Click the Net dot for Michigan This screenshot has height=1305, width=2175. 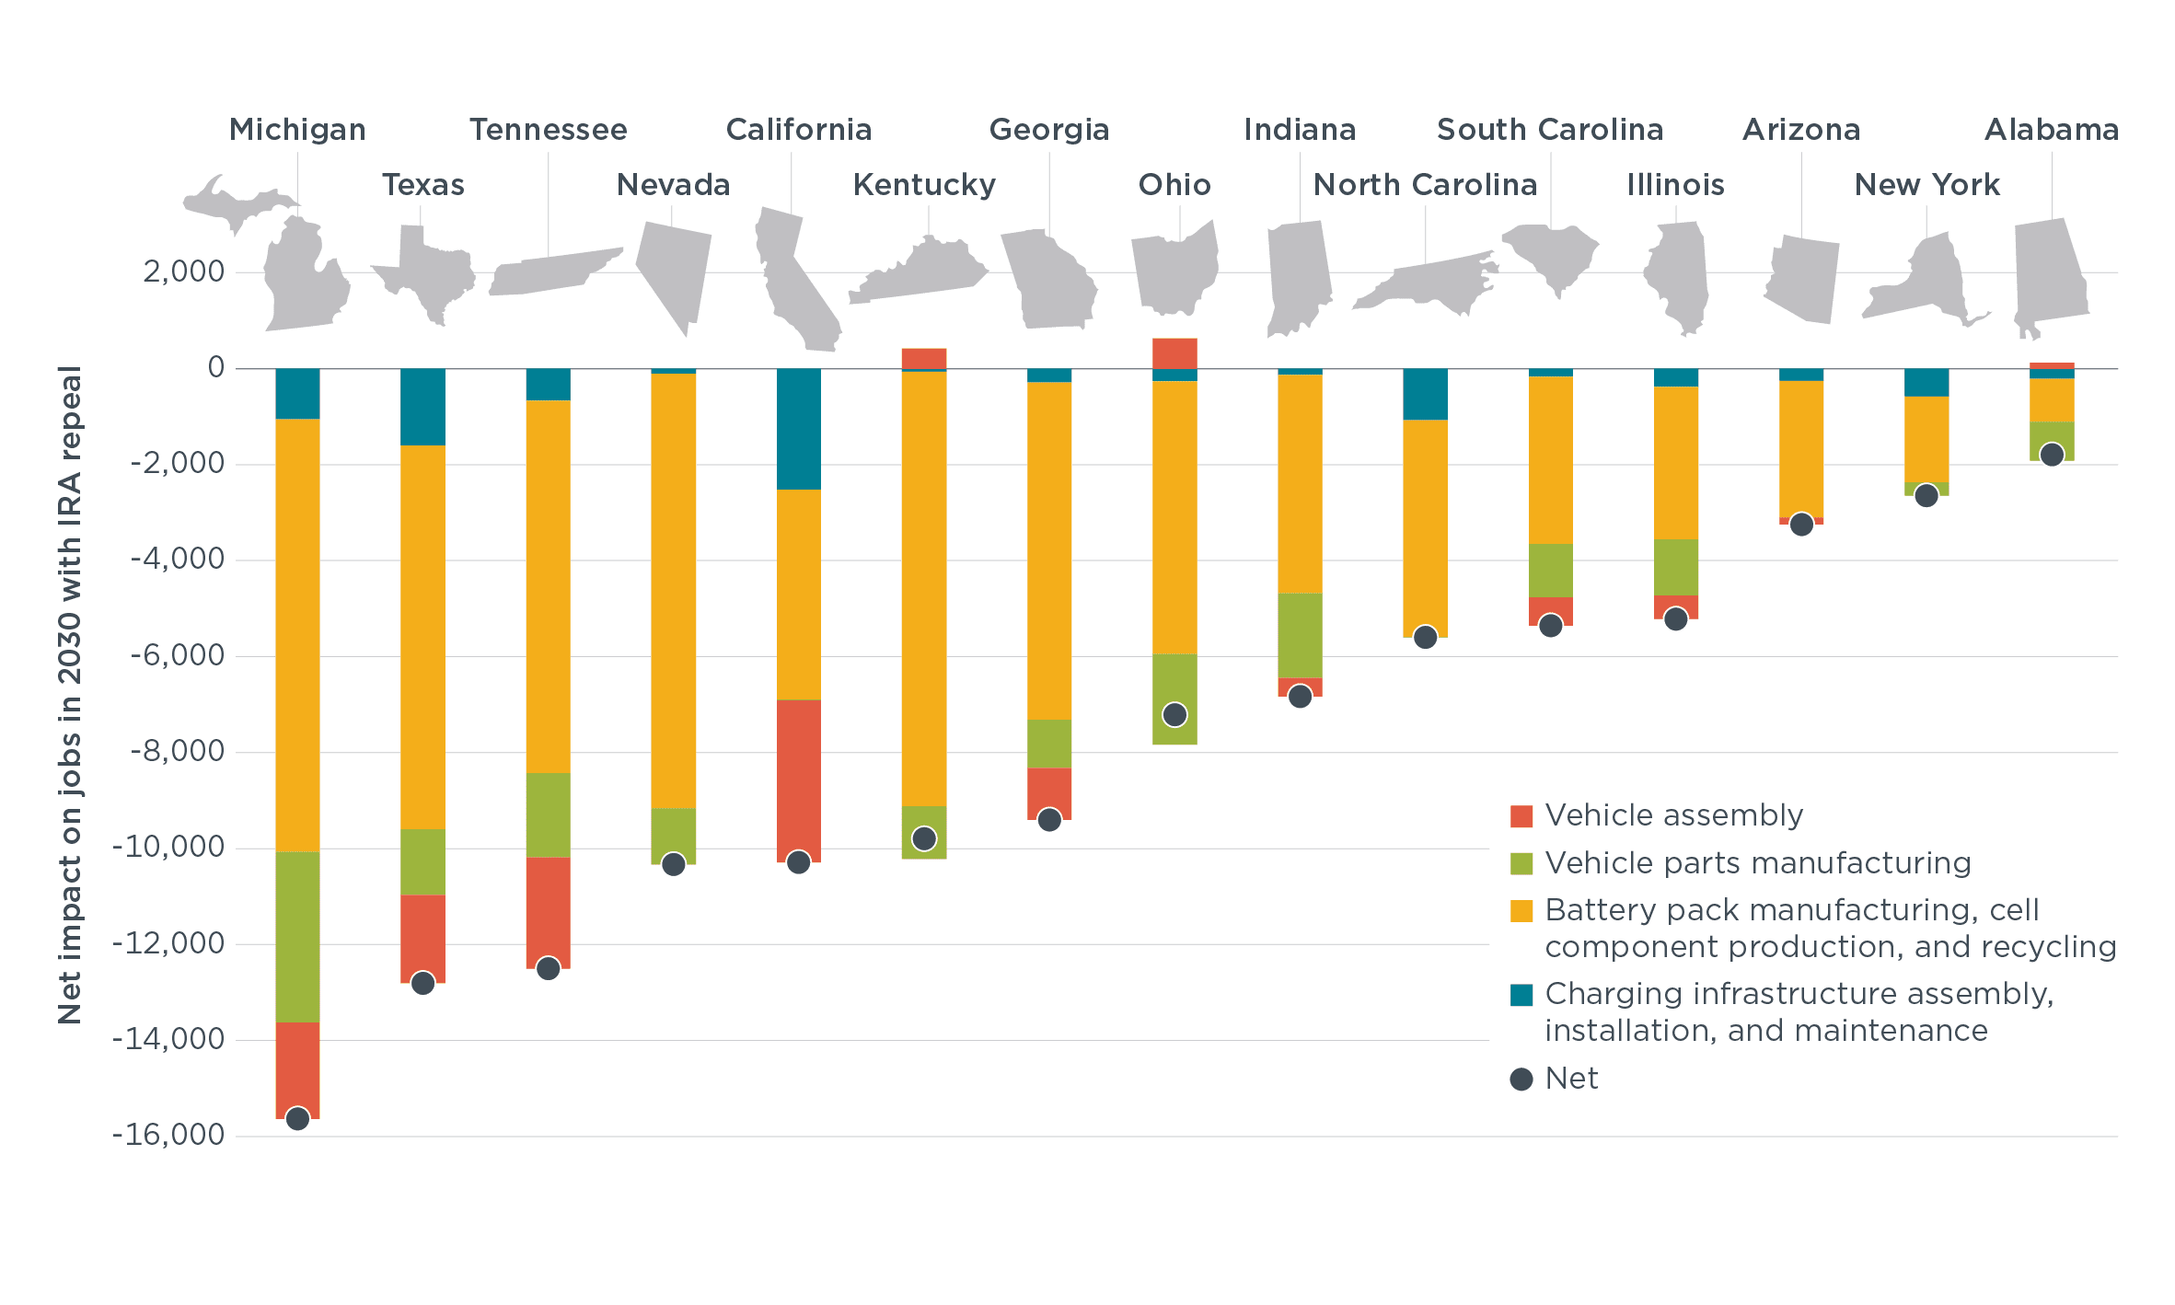(x=297, y=1118)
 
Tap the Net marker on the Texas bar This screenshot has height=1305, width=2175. (x=422, y=983)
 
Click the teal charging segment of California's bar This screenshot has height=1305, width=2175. (x=798, y=428)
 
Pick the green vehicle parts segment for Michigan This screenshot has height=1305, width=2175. (x=297, y=936)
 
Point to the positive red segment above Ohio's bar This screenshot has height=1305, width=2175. (x=1174, y=352)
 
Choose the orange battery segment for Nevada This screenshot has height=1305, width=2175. (x=673, y=589)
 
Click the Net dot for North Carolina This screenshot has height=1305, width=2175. (x=1425, y=637)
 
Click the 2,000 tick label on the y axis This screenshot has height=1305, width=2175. (x=183, y=271)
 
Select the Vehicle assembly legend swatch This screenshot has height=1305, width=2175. (x=1521, y=816)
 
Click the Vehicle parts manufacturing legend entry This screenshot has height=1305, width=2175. (x=1757, y=863)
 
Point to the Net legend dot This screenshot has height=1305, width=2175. (x=1521, y=1079)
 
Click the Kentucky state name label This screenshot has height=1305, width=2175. (x=924, y=185)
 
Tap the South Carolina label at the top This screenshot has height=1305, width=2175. (x=1550, y=130)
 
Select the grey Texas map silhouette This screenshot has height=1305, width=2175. (x=426, y=271)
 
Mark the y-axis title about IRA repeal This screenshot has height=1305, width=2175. (x=70, y=695)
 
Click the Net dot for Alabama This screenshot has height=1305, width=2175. (x=2052, y=455)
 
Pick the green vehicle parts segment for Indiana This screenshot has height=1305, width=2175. (x=1300, y=635)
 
